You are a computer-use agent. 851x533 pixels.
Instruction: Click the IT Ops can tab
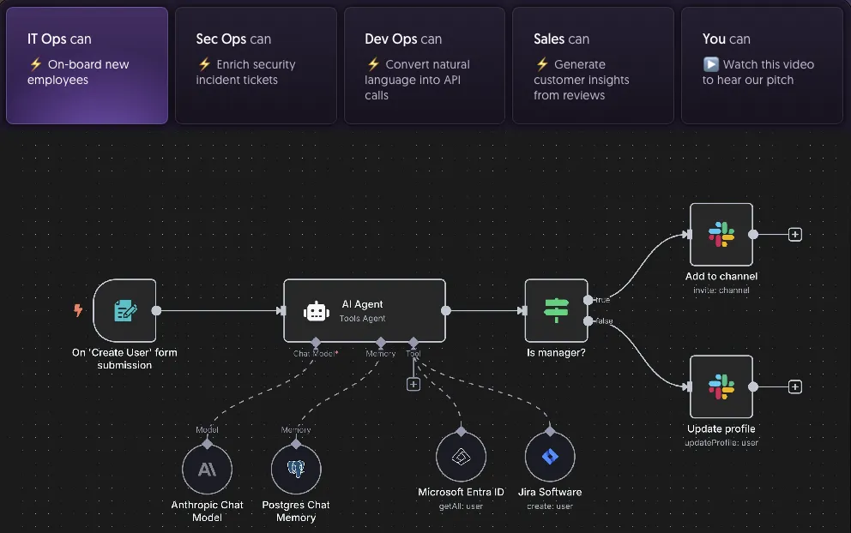tap(87, 66)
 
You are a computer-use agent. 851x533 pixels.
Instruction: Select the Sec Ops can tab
tap(256, 66)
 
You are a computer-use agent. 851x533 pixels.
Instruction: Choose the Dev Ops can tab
tap(425, 66)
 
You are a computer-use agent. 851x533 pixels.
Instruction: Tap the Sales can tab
tap(593, 66)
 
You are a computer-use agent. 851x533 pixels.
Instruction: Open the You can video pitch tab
tap(762, 66)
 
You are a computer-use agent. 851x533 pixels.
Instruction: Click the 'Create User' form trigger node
tap(124, 310)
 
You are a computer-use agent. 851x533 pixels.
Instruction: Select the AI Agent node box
tap(365, 310)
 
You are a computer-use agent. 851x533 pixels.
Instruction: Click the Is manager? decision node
tap(556, 310)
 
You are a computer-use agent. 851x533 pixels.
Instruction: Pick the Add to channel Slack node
tap(721, 234)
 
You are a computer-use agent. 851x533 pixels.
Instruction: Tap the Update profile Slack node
tap(721, 386)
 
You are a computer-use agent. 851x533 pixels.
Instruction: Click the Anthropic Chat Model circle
tap(207, 469)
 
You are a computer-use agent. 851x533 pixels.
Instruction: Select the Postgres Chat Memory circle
tap(296, 469)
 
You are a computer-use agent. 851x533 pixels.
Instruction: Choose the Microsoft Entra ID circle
tap(461, 457)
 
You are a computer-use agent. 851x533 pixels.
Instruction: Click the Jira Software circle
tap(550, 457)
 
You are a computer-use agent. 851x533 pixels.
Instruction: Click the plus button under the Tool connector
tap(413, 384)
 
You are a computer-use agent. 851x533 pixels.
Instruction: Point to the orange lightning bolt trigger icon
tap(78, 310)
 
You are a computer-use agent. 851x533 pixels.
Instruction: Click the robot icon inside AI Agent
tap(316, 311)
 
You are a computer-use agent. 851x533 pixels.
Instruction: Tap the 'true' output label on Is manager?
tap(602, 300)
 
